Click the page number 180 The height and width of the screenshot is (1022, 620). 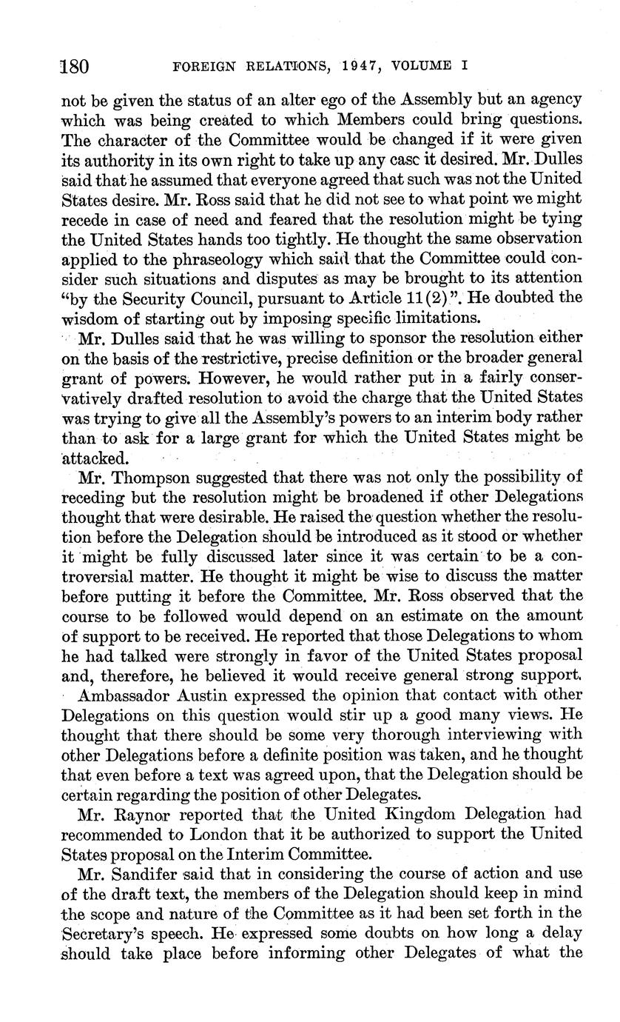(x=75, y=66)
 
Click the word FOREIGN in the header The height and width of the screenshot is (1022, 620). (x=202, y=66)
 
